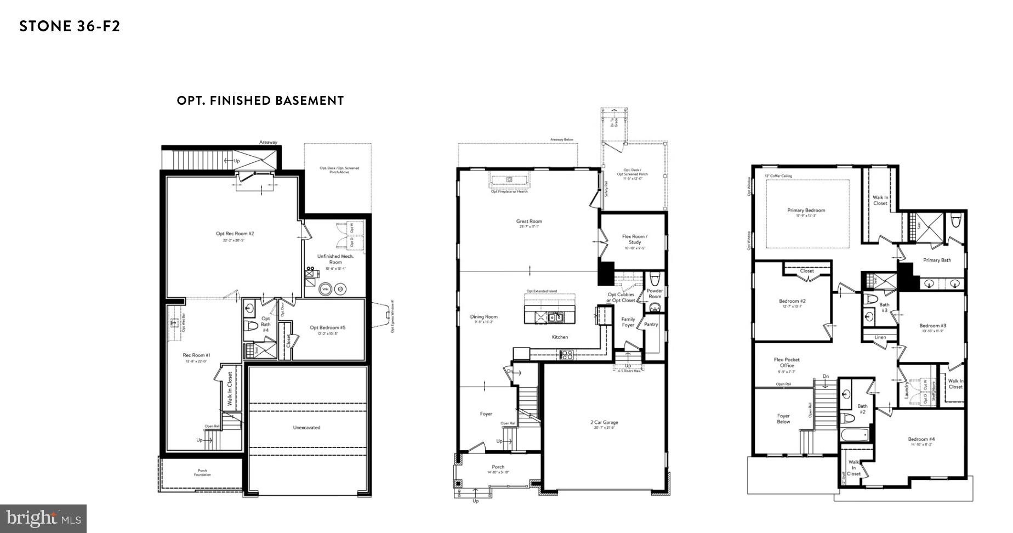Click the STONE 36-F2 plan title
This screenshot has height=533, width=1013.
click(x=70, y=26)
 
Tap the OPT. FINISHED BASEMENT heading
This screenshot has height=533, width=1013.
click(x=260, y=101)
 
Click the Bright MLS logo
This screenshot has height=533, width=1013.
click(x=43, y=518)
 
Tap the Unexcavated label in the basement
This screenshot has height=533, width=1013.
click(x=306, y=427)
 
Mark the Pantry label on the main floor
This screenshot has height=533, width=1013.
click(x=651, y=324)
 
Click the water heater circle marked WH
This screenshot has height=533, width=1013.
click(x=325, y=289)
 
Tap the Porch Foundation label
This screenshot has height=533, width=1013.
click(x=202, y=472)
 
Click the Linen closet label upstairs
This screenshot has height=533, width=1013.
click(x=880, y=337)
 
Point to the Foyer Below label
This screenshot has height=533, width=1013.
click(x=783, y=418)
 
